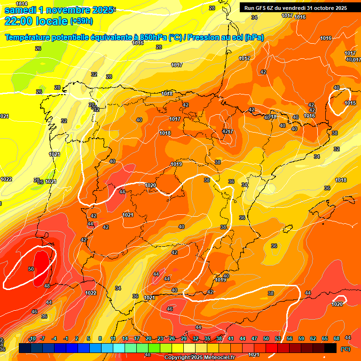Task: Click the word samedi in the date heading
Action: (21, 10)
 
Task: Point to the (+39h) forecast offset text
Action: (81, 21)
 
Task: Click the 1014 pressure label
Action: (15, 4)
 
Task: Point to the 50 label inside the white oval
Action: (31, 269)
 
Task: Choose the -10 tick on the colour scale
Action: (32, 339)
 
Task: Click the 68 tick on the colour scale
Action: (337, 338)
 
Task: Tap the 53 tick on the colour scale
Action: (278, 338)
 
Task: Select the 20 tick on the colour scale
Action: (149, 338)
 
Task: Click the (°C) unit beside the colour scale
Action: (345, 348)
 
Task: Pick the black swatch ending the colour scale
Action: (330, 348)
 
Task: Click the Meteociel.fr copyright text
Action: (199, 357)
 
